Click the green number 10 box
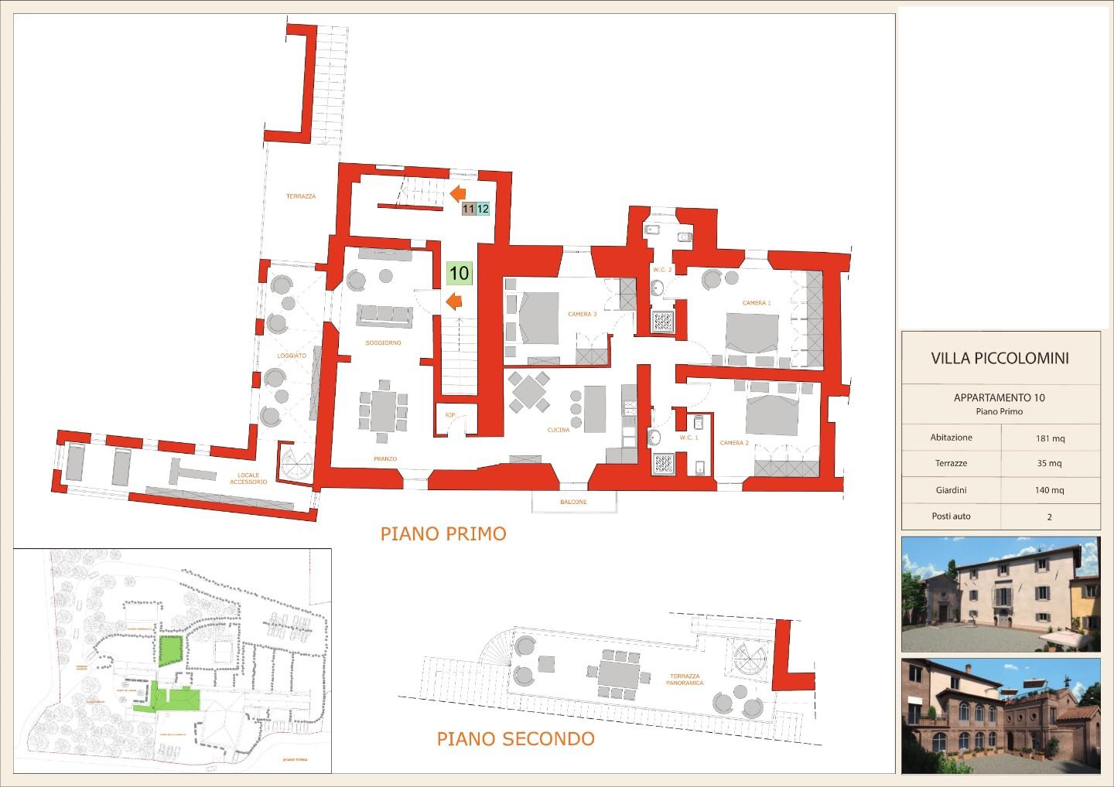pyautogui.click(x=459, y=273)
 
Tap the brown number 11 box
pyautogui.click(x=468, y=209)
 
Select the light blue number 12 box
pyautogui.click(x=483, y=209)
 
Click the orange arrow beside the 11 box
pyautogui.click(x=456, y=193)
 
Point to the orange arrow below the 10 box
pyautogui.click(x=454, y=301)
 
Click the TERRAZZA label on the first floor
pyautogui.click(x=301, y=196)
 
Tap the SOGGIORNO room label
pyautogui.click(x=383, y=342)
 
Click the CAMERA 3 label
pyautogui.click(x=582, y=315)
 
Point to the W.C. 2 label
pyautogui.click(x=662, y=269)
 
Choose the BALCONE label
pyautogui.click(x=573, y=502)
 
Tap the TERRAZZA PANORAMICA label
pyautogui.click(x=684, y=679)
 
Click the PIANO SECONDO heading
pyautogui.click(x=516, y=738)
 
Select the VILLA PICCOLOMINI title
pyautogui.click(x=1000, y=358)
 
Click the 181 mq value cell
pyautogui.click(x=1050, y=438)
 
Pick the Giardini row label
pyautogui.click(x=951, y=489)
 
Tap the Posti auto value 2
pyautogui.click(x=1050, y=517)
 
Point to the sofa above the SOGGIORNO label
pyautogui.click(x=383, y=315)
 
